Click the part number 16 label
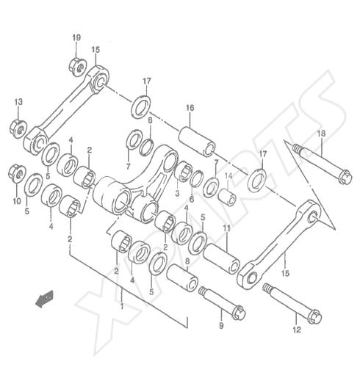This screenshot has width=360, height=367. click(190, 108)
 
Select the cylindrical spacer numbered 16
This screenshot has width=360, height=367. click(198, 142)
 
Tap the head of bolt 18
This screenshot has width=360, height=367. click(345, 177)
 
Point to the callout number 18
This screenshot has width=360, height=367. click(321, 134)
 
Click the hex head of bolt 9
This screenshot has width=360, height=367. click(238, 312)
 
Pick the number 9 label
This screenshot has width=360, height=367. click(221, 326)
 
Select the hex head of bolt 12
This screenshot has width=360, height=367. click(314, 316)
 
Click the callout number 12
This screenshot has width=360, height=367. click(297, 330)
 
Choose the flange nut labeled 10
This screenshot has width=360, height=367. click(17, 173)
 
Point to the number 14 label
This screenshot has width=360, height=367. click(228, 175)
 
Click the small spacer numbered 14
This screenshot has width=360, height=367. click(227, 197)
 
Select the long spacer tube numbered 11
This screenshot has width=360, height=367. click(221, 258)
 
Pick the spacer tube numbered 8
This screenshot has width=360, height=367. click(182, 278)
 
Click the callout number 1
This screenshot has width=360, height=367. click(122, 306)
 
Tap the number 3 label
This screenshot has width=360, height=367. click(177, 193)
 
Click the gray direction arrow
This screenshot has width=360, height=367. click(44, 299)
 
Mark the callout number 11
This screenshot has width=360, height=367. click(226, 228)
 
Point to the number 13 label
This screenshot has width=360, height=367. click(18, 101)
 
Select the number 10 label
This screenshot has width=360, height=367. click(17, 201)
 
